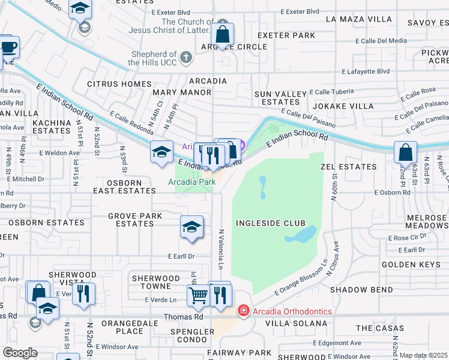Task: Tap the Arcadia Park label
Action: pyautogui.click(x=191, y=181)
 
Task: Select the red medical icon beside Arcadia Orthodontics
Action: pyautogui.click(x=243, y=310)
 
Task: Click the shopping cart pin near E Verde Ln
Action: pyautogui.click(x=198, y=295)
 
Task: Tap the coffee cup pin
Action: pyautogui.click(x=8, y=47)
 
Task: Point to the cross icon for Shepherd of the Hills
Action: pyautogui.click(x=186, y=58)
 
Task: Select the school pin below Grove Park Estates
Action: pyautogui.click(x=191, y=227)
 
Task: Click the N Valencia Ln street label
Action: pyautogui.click(x=221, y=249)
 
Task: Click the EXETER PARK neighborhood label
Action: pyautogui.click(x=286, y=35)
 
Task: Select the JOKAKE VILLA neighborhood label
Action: pyautogui.click(x=345, y=106)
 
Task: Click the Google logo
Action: pyautogui.click(x=19, y=353)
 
